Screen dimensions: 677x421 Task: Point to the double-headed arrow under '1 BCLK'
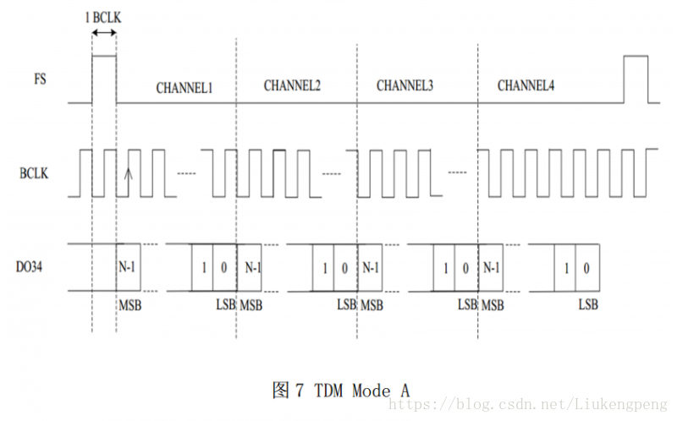pos(103,32)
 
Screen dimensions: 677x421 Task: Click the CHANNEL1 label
pos(184,87)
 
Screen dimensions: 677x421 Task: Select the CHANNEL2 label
pos(292,85)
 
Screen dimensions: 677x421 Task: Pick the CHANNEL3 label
pos(405,85)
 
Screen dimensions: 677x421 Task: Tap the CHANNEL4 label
pos(526,85)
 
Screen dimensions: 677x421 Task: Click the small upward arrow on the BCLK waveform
pos(129,175)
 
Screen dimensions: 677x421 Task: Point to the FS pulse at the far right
pos(636,79)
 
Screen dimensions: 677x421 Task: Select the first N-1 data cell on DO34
pos(128,267)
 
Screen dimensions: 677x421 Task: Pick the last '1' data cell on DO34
pos(566,268)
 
